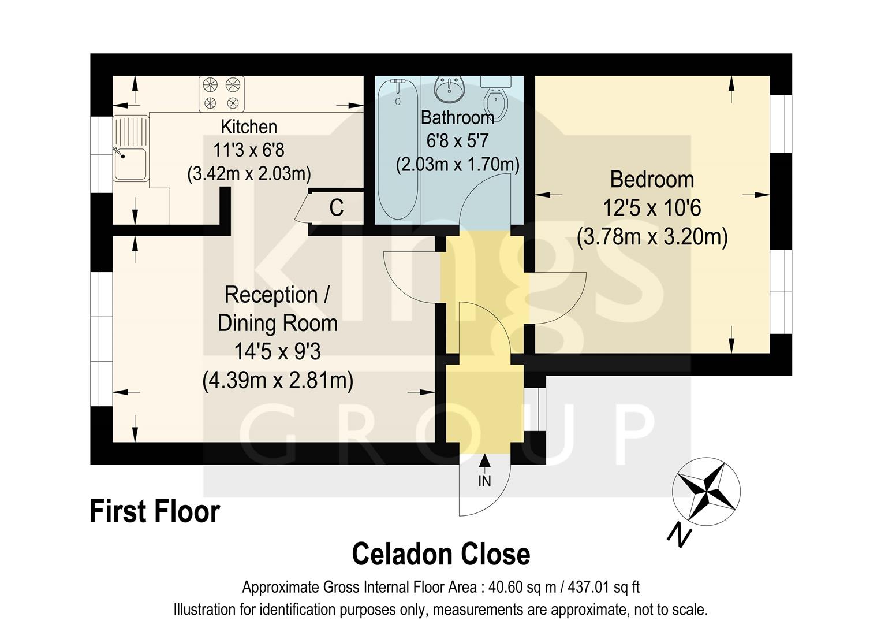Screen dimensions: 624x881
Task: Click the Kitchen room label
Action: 249,127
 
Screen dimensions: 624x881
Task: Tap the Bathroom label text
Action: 457,118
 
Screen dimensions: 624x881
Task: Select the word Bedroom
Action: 652,180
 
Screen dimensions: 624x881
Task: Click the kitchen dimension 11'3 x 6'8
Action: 249,150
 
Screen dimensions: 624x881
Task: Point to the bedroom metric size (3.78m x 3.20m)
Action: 652,237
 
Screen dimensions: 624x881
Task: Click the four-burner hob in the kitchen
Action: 222,94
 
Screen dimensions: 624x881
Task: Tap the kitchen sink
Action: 130,164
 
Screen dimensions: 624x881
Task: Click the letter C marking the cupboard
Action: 336,208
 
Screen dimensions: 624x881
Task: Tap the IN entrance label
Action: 484,481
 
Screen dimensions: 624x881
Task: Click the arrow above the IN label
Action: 484,462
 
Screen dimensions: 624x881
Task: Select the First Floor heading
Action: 155,512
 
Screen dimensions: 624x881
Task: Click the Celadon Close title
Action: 440,554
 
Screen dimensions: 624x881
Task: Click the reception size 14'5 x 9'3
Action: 277,351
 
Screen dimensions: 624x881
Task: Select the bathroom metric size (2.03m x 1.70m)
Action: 457,165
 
